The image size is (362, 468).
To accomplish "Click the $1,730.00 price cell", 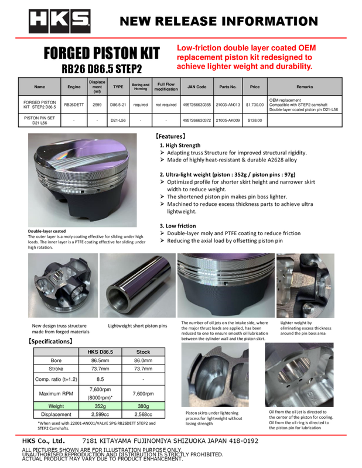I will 255,105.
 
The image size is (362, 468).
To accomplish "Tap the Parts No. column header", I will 228,87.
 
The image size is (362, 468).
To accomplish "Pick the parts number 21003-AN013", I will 228,105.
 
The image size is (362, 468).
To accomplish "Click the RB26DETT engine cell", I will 74,105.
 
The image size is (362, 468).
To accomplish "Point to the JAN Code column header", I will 197,87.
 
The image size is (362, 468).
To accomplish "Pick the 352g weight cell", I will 100,405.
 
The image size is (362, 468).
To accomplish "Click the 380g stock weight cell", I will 143,405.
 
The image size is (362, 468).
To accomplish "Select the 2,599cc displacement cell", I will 100,414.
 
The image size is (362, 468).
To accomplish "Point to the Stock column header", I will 143,352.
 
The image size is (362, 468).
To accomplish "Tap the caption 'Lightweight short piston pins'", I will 138,325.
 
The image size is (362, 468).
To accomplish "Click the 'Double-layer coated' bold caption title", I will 47,231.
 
